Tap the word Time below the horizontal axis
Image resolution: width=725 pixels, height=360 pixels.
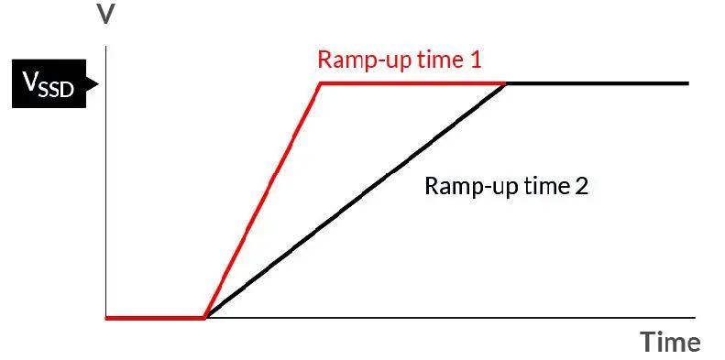(x=670, y=343)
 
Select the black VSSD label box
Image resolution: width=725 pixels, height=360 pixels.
(x=49, y=83)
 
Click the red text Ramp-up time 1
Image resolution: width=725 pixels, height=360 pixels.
(x=400, y=60)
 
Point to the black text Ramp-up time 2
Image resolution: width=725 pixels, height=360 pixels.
(x=506, y=186)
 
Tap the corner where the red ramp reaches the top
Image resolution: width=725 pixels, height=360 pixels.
(x=321, y=83)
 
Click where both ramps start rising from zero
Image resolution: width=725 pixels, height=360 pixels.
(x=205, y=318)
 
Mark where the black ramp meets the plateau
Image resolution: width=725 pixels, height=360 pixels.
(x=505, y=83)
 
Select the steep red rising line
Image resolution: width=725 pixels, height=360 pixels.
(x=263, y=201)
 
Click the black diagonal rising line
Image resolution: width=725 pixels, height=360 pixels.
(x=356, y=201)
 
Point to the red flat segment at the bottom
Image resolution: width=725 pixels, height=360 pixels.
(x=156, y=318)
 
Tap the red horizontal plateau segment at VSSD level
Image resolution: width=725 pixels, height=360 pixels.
(x=412, y=83)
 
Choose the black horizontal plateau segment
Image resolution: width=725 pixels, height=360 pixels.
(x=598, y=83)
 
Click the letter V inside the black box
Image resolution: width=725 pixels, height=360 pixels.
(x=30, y=82)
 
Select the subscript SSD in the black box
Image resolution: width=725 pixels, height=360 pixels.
(x=57, y=89)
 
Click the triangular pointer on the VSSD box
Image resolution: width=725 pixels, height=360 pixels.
(x=93, y=83)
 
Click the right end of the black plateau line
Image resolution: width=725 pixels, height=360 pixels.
(x=689, y=83)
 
